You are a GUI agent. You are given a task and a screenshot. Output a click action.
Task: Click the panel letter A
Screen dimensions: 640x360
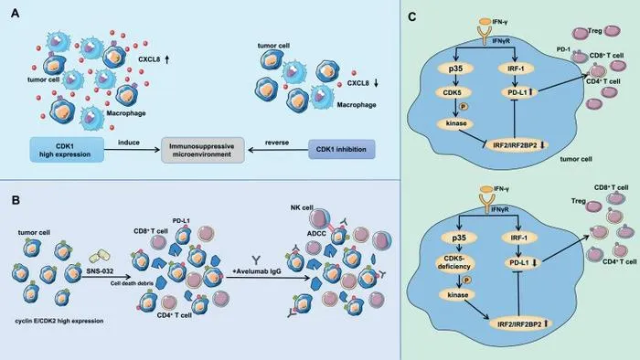(x=16, y=14)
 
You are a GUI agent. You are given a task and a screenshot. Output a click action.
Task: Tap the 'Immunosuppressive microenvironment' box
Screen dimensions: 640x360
(x=202, y=150)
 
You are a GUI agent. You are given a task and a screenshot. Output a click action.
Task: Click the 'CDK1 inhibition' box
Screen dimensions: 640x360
(x=341, y=149)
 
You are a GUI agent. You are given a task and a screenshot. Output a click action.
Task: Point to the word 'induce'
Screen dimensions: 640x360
(x=129, y=143)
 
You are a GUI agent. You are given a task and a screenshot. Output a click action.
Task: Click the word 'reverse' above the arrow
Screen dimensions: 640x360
(x=277, y=143)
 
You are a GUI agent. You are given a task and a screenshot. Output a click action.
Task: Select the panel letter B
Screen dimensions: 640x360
(x=16, y=200)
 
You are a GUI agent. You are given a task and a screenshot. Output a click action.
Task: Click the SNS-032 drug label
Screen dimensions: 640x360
(x=100, y=270)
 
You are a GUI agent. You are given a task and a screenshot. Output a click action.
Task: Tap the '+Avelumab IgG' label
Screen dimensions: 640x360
(x=257, y=270)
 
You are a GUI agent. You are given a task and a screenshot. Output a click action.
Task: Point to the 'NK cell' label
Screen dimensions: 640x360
(x=302, y=207)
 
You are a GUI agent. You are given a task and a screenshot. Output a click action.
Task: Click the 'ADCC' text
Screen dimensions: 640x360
(x=316, y=233)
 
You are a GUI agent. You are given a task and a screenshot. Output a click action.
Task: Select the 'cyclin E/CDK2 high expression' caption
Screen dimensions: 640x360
(x=59, y=321)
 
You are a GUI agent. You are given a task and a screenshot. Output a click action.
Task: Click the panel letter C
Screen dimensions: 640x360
(x=412, y=16)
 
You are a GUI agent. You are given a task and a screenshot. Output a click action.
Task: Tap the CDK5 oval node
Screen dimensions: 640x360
(x=452, y=92)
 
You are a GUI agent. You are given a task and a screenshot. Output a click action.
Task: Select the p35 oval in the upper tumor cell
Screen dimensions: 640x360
(x=455, y=69)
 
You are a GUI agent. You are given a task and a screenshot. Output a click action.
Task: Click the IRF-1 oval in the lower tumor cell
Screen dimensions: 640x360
(x=518, y=238)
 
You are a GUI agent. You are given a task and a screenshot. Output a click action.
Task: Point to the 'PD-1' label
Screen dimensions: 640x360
(x=563, y=49)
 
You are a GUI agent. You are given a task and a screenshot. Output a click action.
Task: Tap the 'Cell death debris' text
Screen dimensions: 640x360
(x=129, y=283)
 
